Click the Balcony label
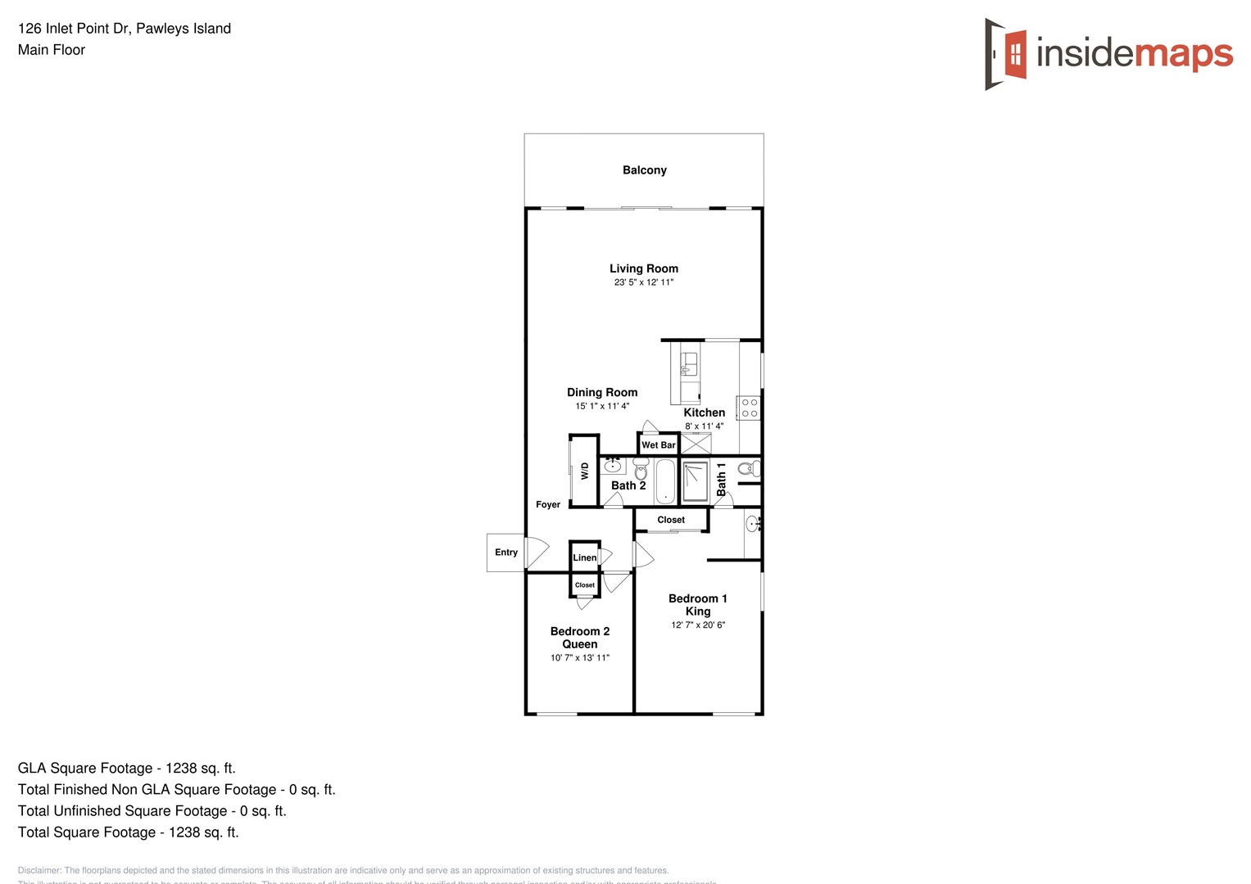point(645,170)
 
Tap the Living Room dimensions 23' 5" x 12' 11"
point(644,282)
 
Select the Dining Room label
point(602,393)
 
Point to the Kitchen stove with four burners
point(749,408)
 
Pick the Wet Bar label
point(659,445)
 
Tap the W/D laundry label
point(585,471)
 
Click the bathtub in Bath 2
point(665,480)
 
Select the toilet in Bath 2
point(641,469)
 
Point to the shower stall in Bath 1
point(696,481)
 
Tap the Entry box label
point(506,552)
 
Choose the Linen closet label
point(585,558)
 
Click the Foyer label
point(548,505)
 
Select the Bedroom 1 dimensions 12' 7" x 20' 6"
point(698,625)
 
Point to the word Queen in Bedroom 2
point(580,645)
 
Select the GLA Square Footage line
point(127,769)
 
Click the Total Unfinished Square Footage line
point(152,811)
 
